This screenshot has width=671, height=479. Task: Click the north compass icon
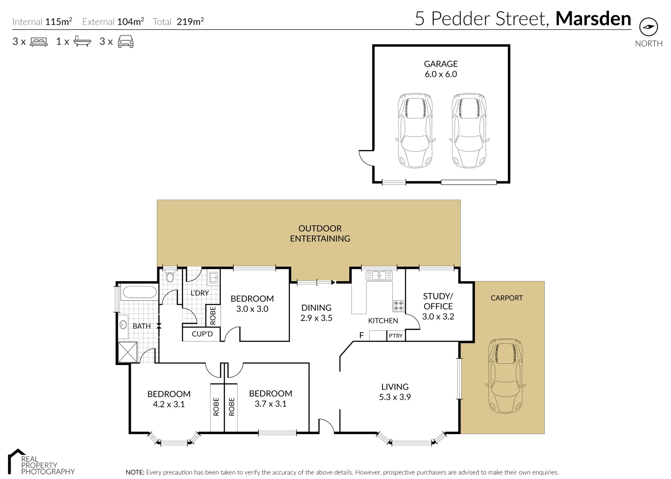[648, 27]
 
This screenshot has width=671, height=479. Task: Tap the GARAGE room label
[441, 64]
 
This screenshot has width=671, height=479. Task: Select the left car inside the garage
[415, 130]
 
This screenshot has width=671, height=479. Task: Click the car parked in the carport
[506, 377]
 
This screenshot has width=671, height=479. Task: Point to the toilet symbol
[170, 277]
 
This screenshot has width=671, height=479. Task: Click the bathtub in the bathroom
[139, 292]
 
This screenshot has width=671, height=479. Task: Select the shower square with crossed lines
[128, 353]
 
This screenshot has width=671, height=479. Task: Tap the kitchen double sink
[379, 276]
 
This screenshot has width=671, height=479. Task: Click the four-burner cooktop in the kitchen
[398, 306]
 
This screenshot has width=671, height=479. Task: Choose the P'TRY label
[396, 336]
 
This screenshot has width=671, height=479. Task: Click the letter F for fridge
[361, 335]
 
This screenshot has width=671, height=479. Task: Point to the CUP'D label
[202, 334]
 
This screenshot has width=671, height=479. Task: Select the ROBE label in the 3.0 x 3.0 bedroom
[213, 315]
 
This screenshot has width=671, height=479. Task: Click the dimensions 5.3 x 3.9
[394, 397]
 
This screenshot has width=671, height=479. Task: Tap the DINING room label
[316, 307]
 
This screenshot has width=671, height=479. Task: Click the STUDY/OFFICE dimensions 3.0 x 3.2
[438, 317]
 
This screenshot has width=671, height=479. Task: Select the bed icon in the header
[39, 42]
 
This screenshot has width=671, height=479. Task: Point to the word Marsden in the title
[593, 19]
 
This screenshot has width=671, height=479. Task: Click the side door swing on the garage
[366, 158]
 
